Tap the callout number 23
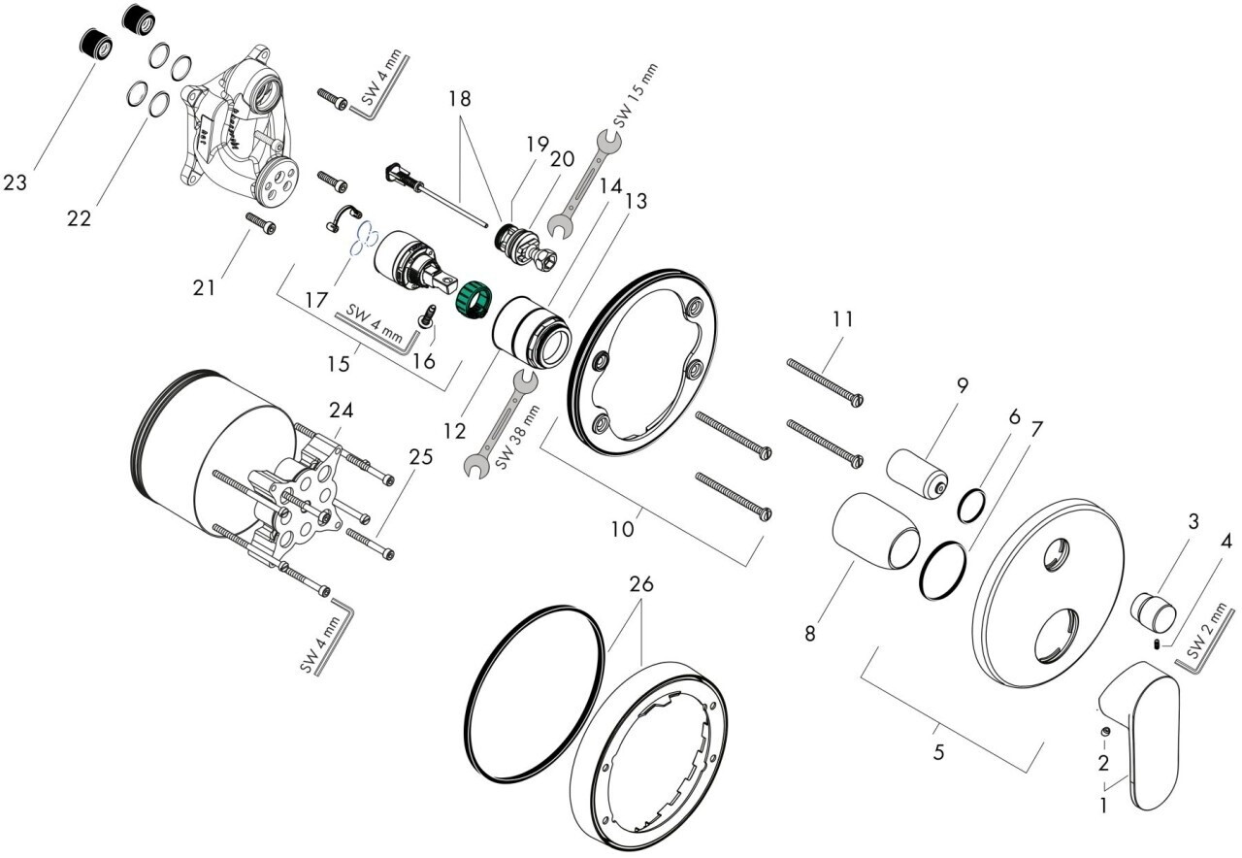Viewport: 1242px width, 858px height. coord(15,182)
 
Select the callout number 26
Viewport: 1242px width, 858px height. coord(641,583)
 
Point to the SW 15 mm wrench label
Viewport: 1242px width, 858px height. coord(635,95)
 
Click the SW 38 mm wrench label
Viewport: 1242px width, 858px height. coord(516,437)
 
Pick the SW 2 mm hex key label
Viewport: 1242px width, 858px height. coord(1207,631)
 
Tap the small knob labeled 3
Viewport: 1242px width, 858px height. coord(1154,612)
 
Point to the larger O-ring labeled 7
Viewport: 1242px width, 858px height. coord(942,571)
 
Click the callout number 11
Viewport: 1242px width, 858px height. coord(843,319)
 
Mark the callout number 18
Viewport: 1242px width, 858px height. coord(460,99)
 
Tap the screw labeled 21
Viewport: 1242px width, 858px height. coord(261,223)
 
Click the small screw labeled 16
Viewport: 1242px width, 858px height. coord(428,316)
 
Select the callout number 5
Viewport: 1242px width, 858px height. coord(938,752)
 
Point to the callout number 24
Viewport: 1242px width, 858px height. coord(341,411)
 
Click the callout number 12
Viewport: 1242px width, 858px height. coord(454,430)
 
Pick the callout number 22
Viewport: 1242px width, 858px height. coord(79,218)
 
